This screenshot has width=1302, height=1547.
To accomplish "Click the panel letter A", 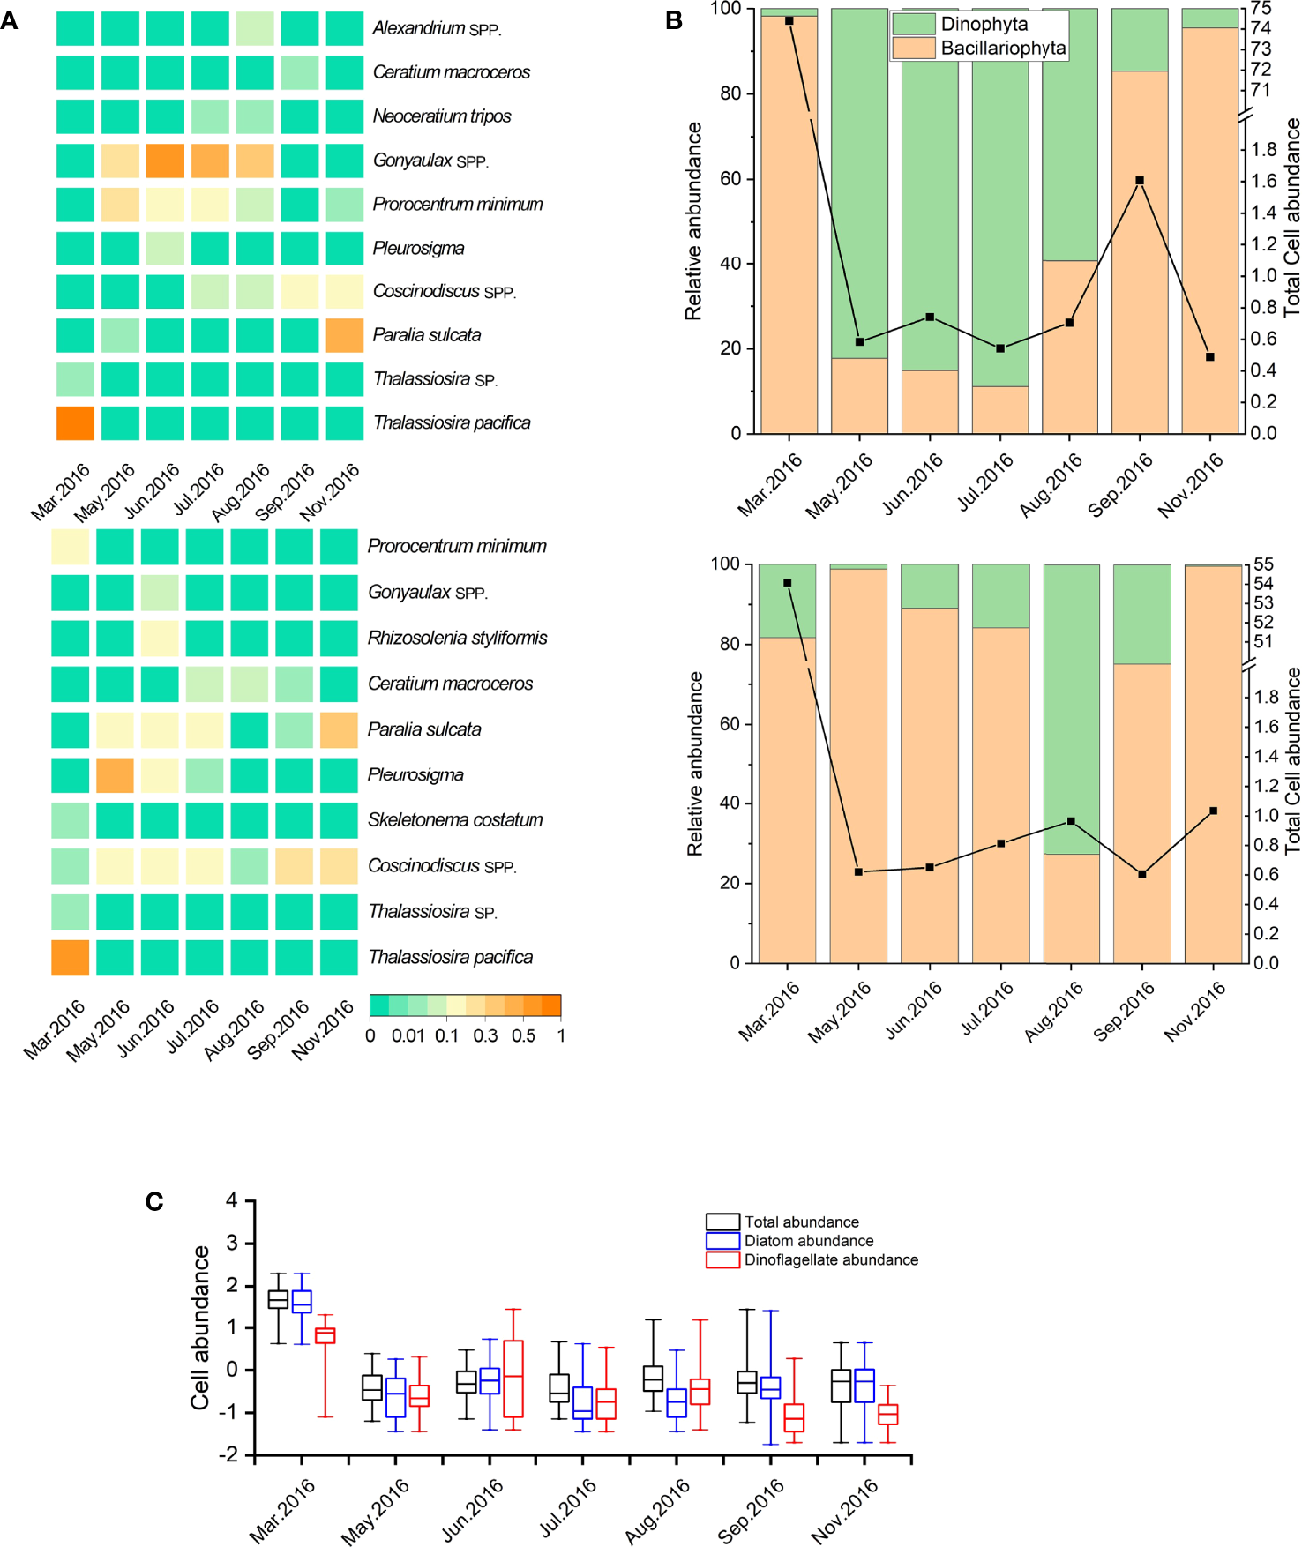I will coord(10,19).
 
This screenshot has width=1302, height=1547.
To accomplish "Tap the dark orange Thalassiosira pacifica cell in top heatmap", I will coord(75,423).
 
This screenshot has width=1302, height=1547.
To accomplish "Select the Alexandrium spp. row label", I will coord(436,28).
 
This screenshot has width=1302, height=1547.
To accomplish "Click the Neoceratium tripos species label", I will coord(441,116).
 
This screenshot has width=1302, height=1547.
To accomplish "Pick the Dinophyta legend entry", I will coord(983,25).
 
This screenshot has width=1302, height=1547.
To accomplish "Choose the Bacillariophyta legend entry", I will coord(1002,49).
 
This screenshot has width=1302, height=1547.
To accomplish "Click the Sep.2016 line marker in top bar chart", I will coord(1140,181).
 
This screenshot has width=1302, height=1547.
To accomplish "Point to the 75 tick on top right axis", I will coord(1261,9).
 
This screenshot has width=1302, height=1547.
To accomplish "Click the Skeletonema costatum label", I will coord(454,820).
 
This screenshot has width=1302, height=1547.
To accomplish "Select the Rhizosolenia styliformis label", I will coord(457,638).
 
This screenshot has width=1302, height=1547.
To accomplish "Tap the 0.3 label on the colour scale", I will coord(485,1035).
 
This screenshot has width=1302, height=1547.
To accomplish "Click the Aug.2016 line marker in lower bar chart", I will coord(1071,821).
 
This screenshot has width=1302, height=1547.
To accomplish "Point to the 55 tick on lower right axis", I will coord(1262,564).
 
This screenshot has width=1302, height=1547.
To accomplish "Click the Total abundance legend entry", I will coord(800,1222).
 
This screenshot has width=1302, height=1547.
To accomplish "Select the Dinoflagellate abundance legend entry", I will coord(829,1260).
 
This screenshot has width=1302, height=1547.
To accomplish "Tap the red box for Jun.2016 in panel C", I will coord(513,1379).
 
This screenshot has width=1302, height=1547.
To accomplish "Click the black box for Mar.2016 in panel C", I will coord(278,1299).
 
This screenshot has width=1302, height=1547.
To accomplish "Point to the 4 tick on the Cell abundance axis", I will coord(232,1200).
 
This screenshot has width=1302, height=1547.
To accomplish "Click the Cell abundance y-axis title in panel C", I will coord(201,1327).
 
